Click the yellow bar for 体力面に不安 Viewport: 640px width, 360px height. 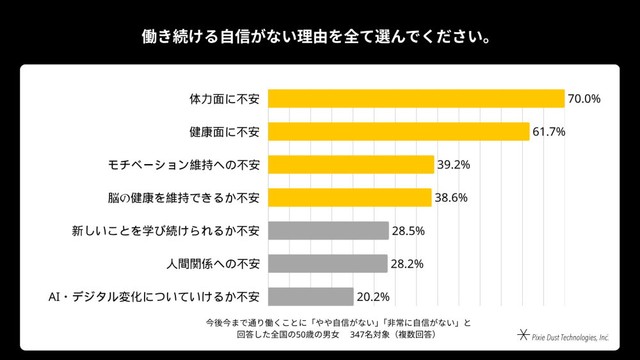coord(416,98)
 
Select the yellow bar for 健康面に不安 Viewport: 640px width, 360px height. coord(399,131)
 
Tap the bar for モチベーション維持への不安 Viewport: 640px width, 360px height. coord(351,164)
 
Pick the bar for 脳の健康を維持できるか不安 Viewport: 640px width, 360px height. coord(350,198)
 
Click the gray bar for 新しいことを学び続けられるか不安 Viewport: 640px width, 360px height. coord(329,231)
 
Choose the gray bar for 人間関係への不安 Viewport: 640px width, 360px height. coord(328,264)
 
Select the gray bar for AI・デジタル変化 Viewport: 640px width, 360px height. coord(311,297)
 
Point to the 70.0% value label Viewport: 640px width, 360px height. coord(584,99)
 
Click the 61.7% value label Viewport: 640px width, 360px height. coord(549,132)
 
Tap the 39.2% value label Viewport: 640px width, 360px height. coord(454,165)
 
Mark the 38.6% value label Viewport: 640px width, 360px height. coord(451,198)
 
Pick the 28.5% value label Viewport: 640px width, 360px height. coord(408,231)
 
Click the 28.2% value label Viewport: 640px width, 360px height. coord(407,264)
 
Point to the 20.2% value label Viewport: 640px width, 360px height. coord(373,297)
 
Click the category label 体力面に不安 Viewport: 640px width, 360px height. coord(224,99)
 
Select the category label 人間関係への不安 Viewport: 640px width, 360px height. coord(213,264)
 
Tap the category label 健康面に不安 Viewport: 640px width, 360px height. coord(224,132)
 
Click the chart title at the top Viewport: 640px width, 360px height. coord(316,37)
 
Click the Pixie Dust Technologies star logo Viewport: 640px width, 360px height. coord(523,335)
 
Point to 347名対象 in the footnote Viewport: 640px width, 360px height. coord(366,335)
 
